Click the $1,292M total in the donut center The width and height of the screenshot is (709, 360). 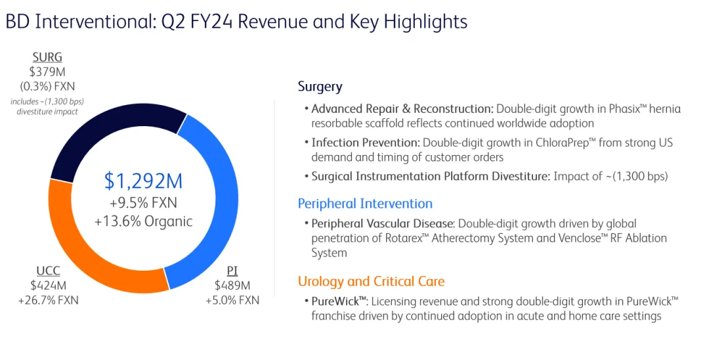coord(143,181)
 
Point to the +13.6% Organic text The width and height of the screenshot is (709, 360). coord(143,221)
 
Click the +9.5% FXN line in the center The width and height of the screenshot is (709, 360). coord(143,202)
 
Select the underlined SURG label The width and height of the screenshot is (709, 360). coord(47,58)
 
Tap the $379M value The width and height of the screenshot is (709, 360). coord(47,72)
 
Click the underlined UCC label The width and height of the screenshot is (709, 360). coord(48,271)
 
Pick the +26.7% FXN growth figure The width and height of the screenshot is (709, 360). coord(48,300)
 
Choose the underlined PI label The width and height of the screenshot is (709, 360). coord(232,271)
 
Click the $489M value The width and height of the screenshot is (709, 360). coord(232,286)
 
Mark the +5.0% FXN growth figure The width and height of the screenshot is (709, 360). coord(232,300)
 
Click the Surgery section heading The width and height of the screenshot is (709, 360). coord(320,87)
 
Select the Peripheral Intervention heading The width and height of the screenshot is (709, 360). coord(365,204)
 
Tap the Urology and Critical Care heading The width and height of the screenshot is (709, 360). coord(371,282)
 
